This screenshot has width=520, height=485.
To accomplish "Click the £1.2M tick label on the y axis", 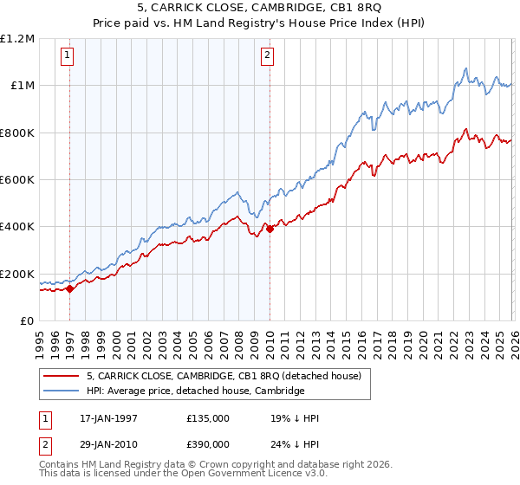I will (x=17, y=38).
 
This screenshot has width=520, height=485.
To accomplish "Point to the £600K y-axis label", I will (x=17, y=179).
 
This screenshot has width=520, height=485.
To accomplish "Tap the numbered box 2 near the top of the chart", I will (x=268, y=56).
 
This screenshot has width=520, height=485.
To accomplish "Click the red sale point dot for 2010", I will (x=270, y=229).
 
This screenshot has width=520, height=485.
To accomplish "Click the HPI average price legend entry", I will (x=195, y=391).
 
